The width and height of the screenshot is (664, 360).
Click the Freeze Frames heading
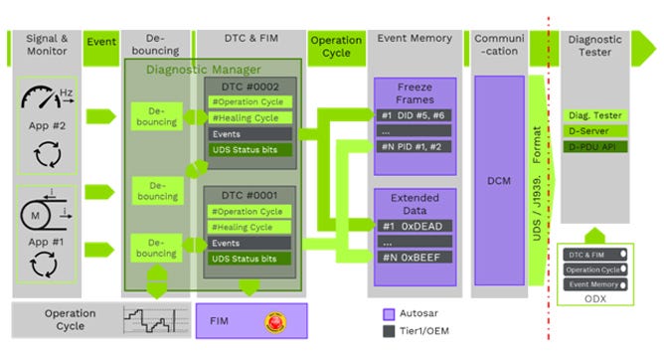(414, 90)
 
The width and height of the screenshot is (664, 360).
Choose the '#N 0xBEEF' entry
(414, 257)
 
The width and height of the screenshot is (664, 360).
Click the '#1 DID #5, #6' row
(414, 114)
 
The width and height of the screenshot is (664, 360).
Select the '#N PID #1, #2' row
(414, 146)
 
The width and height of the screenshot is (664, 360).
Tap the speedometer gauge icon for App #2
(47, 101)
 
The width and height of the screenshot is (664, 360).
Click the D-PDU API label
(594, 147)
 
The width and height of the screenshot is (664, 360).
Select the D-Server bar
(594, 131)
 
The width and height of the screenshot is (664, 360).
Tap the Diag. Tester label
(594, 115)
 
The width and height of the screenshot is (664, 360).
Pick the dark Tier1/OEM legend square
(389, 331)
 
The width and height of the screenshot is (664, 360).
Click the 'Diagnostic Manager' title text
(204, 69)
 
